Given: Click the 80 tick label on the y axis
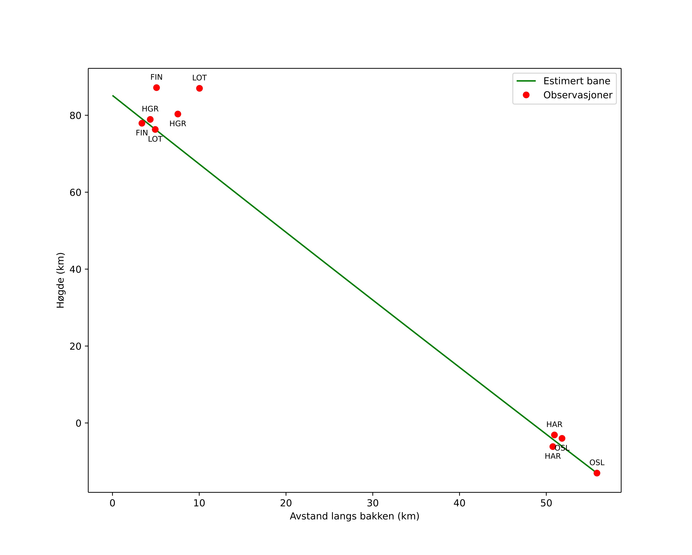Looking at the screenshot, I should pyautogui.click(x=75, y=116).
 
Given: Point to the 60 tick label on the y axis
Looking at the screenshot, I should pyautogui.click(x=75, y=193).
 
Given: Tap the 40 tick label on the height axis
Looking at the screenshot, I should pyautogui.click(x=75, y=270).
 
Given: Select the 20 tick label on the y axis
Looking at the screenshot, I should pyautogui.click(x=75, y=346).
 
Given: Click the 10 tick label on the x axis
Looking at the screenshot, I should pyautogui.click(x=199, y=503).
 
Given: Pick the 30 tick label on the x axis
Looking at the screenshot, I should pyautogui.click(x=373, y=503).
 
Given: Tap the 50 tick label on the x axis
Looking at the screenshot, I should pyautogui.click(x=546, y=503).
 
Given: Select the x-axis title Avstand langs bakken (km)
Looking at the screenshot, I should pyautogui.click(x=354, y=516).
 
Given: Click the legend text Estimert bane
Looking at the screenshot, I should pyautogui.click(x=577, y=81).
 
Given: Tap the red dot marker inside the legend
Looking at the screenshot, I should pyautogui.click(x=526, y=95).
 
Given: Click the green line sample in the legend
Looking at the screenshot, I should pyautogui.click(x=526, y=81).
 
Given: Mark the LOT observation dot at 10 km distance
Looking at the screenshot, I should pyautogui.click(x=199, y=88).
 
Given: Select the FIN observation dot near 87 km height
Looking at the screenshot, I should pyautogui.click(x=156, y=88).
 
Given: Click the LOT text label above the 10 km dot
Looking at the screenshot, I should pyautogui.click(x=199, y=78).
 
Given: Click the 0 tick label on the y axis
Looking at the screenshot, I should pyautogui.click(x=78, y=423).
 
